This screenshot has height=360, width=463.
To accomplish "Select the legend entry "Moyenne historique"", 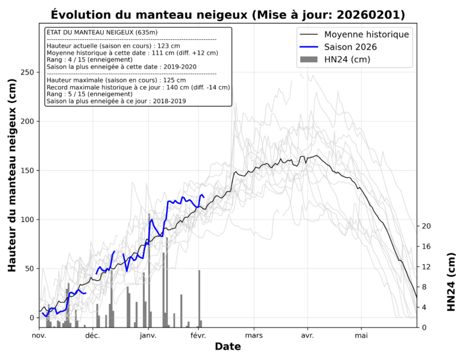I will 367,34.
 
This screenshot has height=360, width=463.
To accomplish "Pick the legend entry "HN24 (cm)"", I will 347,59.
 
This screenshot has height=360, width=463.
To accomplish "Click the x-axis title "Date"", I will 228,347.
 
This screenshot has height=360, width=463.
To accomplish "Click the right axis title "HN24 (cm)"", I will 452,282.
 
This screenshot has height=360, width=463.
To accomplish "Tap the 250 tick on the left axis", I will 27,72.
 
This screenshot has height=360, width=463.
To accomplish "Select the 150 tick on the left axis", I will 27,171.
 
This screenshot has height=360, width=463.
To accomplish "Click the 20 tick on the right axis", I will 426,226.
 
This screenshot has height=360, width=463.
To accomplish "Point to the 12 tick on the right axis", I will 426,267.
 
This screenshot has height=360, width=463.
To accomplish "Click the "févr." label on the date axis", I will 200,336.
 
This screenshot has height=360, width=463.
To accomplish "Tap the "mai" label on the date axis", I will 361,336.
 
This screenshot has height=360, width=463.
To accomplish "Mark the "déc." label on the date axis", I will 93,336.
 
